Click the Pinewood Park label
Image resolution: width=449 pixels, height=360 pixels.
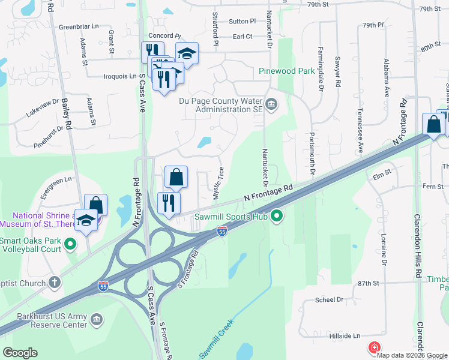coord(286,70)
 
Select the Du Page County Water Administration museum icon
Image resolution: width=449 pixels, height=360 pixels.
coord(271,106)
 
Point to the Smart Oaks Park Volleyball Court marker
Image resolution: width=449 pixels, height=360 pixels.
coord(70,244)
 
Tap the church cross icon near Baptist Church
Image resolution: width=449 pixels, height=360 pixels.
coord(54,283)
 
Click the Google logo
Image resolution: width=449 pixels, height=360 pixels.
coord(20,352)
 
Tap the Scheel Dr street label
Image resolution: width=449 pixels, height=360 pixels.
coord(331,299)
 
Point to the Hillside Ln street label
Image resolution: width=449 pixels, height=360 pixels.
coord(344,336)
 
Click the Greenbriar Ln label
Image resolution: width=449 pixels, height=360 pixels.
coord(79,27)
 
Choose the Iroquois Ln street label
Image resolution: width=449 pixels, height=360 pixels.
coord(120,76)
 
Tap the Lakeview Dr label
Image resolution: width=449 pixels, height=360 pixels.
coord(43,107)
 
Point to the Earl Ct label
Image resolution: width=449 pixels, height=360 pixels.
coord(243,37)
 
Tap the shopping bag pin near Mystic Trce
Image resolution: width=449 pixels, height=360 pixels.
coord(176,178)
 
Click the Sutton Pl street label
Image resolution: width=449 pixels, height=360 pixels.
coord(242,21)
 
